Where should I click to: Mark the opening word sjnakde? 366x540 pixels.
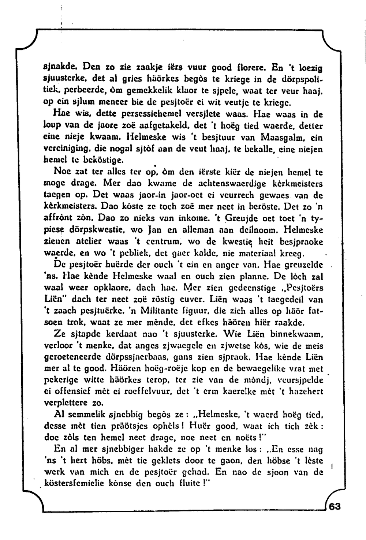(x=56, y=67)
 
